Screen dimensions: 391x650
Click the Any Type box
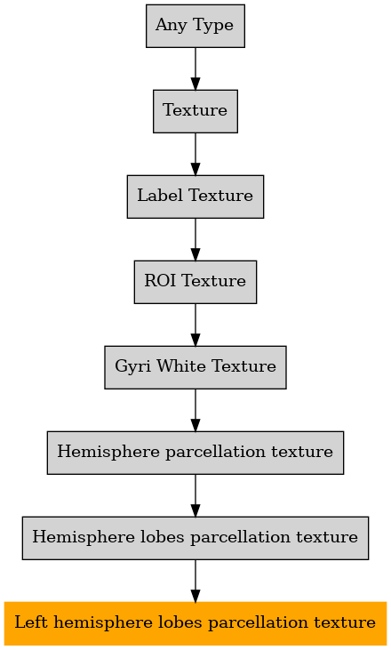coord(195,26)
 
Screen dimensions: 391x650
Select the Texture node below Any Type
coord(195,111)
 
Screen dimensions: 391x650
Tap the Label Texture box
coord(195,197)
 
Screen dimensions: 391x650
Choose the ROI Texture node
coord(195,282)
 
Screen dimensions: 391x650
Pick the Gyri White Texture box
coord(195,367)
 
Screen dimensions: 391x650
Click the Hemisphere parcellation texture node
coord(195,453)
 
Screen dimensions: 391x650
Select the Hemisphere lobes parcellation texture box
coord(195,538)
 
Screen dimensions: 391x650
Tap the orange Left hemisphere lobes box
coord(195,623)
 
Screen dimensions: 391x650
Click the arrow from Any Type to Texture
coord(195,68)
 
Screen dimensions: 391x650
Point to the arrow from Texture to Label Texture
coord(195,154)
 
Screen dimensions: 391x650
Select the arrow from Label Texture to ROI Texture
coord(195,239)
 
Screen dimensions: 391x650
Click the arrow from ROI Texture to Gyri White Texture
coord(195,325)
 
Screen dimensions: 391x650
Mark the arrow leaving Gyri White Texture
coord(195,411)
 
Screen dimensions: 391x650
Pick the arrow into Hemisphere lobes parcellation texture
coord(195,496)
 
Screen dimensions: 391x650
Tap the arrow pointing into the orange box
coord(195,582)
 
